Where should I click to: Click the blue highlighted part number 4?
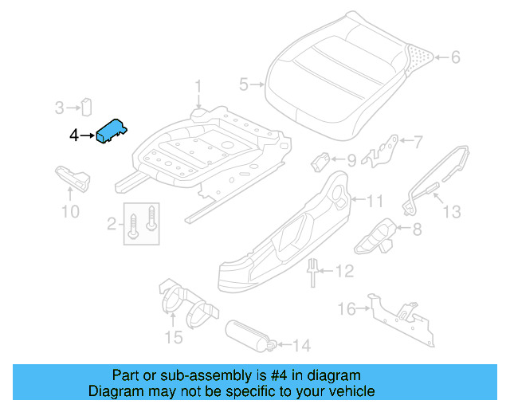click(112, 131)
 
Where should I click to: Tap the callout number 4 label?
click(74, 135)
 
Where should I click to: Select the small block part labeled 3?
click(87, 107)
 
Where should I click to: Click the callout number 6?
click(455, 57)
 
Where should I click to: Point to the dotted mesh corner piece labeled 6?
click(418, 58)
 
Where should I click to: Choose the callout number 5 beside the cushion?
click(244, 84)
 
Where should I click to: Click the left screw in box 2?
click(133, 226)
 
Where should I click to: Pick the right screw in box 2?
click(151, 218)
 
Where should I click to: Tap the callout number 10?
click(70, 212)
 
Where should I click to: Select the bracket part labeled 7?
click(381, 151)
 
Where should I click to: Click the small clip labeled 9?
click(320, 162)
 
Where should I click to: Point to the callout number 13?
click(452, 212)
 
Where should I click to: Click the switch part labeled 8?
click(375, 237)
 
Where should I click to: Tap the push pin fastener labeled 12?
click(312, 273)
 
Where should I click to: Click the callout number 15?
click(174, 337)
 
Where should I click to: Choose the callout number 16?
click(347, 308)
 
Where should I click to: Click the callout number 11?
click(375, 201)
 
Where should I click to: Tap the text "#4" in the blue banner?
click(279, 375)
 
